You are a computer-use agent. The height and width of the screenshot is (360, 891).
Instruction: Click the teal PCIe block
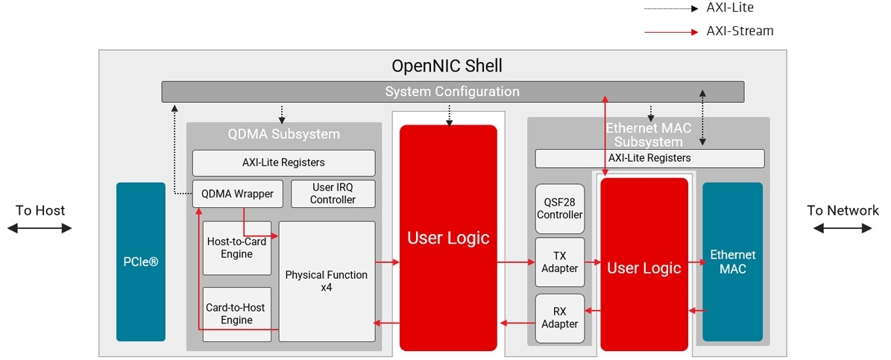(140, 262)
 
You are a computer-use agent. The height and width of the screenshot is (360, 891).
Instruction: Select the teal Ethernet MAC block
(732, 262)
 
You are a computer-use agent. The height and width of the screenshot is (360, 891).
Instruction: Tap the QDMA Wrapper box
(237, 194)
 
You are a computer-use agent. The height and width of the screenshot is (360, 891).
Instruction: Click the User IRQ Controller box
(333, 194)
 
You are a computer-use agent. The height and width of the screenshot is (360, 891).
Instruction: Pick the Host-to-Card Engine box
(236, 248)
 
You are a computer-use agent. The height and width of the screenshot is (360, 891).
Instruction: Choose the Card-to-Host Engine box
(236, 314)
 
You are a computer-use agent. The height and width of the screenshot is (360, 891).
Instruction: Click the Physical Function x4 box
(327, 281)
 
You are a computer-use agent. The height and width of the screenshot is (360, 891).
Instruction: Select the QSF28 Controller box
(559, 208)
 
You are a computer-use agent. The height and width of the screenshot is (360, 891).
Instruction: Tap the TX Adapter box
(559, 262)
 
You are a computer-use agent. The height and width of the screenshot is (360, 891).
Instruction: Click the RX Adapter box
(559, 318)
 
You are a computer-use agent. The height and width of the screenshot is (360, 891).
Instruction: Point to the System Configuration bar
(452, 92)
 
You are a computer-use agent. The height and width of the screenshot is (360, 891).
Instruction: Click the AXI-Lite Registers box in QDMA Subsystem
(283, 162)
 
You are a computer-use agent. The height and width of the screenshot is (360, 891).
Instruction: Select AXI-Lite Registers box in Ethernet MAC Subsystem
(649, 158)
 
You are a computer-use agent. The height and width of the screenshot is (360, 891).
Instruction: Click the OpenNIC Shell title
(447, 66)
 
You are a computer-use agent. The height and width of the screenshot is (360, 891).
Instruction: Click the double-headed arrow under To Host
(40, 228)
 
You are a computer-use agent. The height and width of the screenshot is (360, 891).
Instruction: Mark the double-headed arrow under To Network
(842, 228)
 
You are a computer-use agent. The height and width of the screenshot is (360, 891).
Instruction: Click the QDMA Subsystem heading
(283, 134)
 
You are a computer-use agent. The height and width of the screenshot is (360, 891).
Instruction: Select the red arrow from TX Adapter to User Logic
(593, 262)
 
